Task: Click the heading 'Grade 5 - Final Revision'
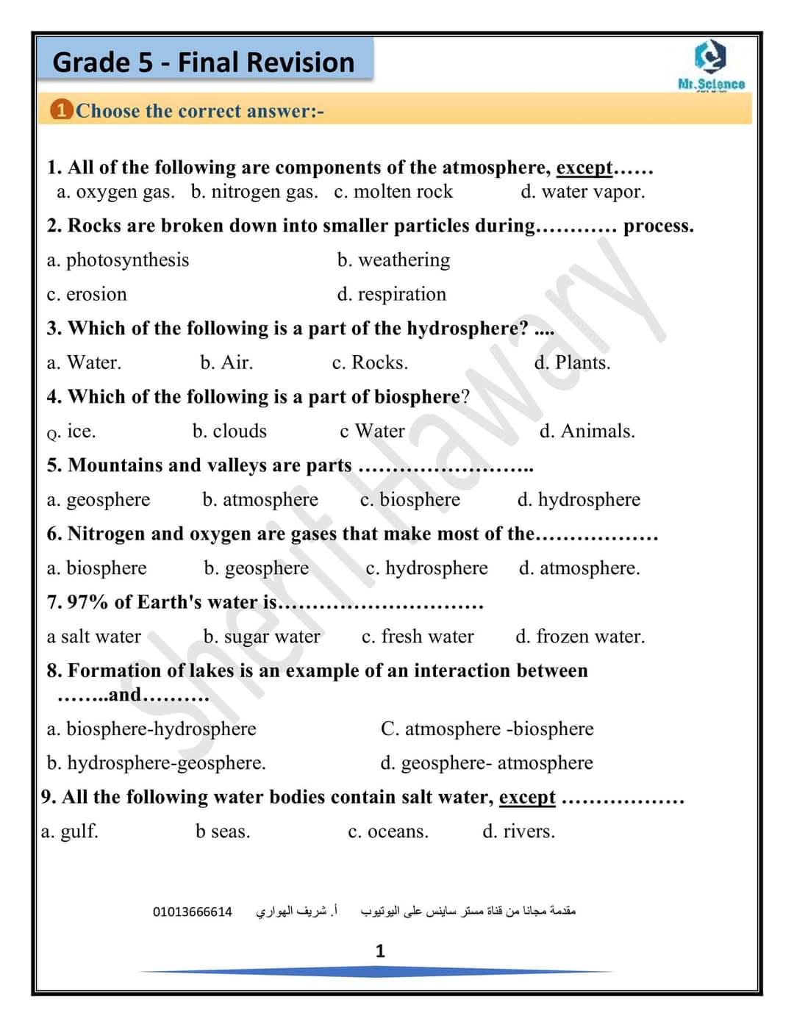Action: (204, 62)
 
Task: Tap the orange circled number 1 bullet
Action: (61, 110)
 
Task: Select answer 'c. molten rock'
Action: (393, 192)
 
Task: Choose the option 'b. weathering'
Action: (393, 260)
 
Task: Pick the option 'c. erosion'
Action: (87, 294)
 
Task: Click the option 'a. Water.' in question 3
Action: (84, 362)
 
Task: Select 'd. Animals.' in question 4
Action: (587, 431)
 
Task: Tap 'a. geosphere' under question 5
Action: (98, 500)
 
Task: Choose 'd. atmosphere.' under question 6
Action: (579, 568)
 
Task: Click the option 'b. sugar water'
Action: (262, 637)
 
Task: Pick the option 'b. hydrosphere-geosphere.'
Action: (156, 763)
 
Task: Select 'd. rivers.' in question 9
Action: (518, 831)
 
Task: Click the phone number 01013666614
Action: (193, 912)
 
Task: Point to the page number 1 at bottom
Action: (380, 951)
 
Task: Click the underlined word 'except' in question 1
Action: (584, 168)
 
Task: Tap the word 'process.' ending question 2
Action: (658, 226)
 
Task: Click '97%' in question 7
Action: (87, 602)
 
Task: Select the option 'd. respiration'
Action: (391, 294)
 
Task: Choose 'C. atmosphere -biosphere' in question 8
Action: (487, 729)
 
